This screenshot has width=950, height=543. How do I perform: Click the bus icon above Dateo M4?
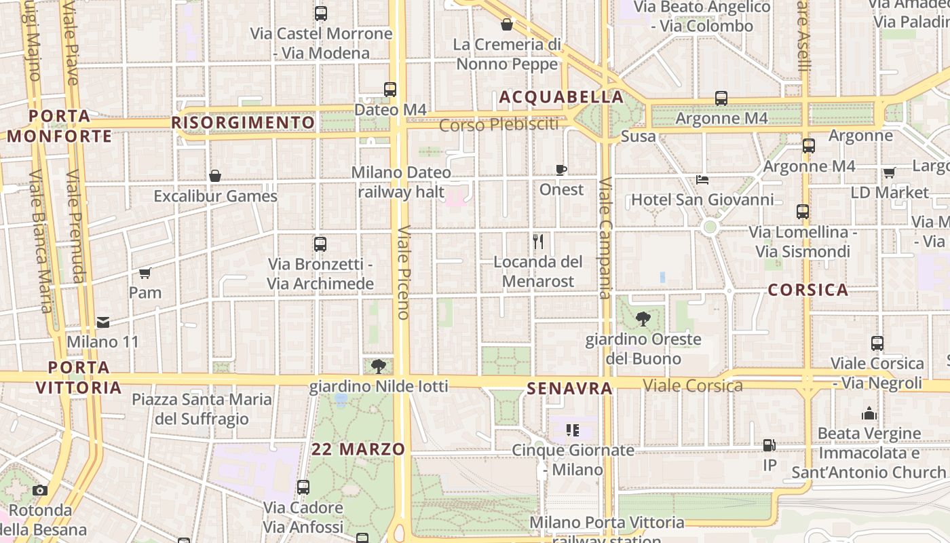click(x=389, y=89)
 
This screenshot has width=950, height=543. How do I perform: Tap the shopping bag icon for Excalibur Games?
click(x=215, y=176)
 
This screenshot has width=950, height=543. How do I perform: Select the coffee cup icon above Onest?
click(x=561, y=169)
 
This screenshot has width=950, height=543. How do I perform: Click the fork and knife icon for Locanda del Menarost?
click(x=538, y=241)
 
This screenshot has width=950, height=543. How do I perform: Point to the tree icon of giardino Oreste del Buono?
click(x=643, y=318)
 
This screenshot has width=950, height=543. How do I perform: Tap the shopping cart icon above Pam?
click(x=145, y=273)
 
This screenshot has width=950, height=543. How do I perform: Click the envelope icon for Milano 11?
click(x=103, y=322)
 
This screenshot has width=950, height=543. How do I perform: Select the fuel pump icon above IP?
click(x=769, y=445)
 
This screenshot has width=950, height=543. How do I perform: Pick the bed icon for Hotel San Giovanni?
click(x=702, y=180)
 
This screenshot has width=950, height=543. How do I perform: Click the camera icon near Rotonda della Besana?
click(x=40, y=490)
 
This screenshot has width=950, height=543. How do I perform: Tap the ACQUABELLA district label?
click(x=561, y=97)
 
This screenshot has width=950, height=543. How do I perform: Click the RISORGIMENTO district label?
click(x=243, y=123)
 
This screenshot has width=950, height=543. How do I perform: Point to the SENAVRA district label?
click(x=569, y=389)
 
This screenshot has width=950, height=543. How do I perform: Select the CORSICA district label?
click(x=808, y=290)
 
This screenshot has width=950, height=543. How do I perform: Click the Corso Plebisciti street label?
click(x=499, y=125)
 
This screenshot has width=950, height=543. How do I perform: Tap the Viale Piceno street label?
click(x=403, y=272)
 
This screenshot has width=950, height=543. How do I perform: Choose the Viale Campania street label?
click(x=605, y=238)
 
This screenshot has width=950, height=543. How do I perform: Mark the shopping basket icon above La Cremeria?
click(x=506, y=25)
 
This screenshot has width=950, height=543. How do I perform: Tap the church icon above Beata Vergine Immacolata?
click(x=869, y=413)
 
